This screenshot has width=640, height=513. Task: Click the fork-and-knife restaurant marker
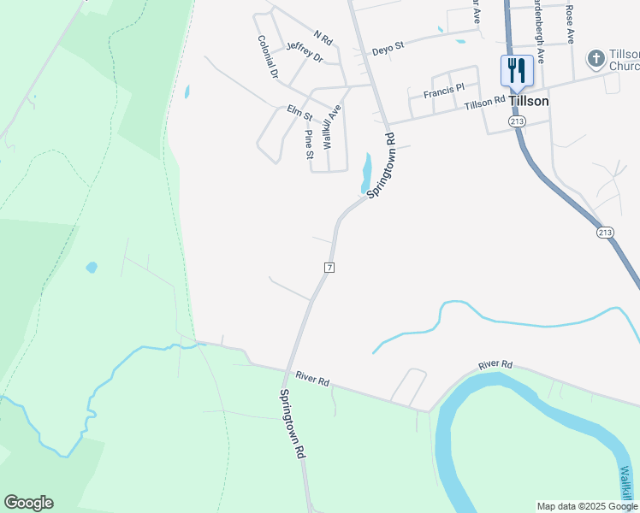(516, 71)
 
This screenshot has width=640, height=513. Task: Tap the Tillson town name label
(528, 100)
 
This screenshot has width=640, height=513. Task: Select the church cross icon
(595, 59)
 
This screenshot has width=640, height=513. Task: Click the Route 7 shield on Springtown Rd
(329, 268)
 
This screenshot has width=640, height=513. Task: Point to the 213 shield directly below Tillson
(516, 122)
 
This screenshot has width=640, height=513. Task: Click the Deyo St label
(388, 50)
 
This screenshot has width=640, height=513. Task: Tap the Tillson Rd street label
(485, 103)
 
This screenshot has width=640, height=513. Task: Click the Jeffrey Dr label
(305, 52)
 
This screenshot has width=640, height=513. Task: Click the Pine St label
(309, 144)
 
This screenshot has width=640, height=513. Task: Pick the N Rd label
(323, 37)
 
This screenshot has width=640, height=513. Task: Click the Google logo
(28, 503)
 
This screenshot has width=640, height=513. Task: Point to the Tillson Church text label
(623, 60)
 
